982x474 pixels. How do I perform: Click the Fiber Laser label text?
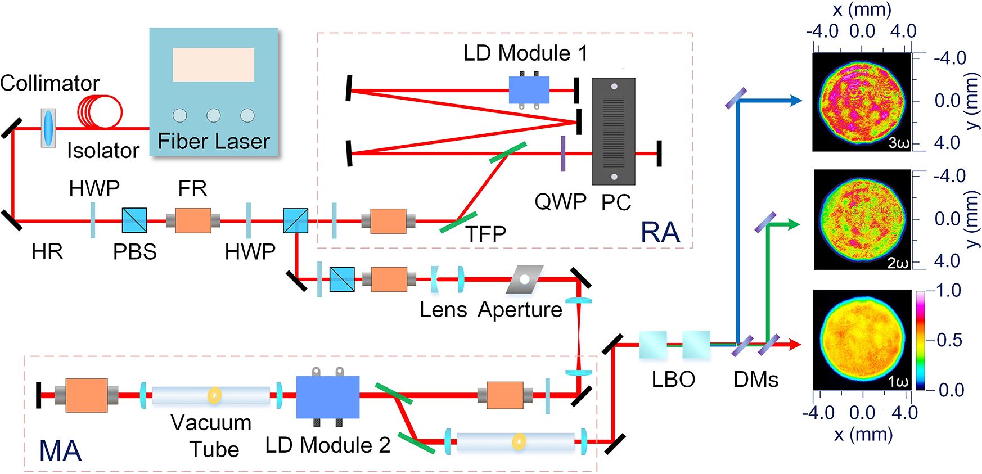tap(214, 141)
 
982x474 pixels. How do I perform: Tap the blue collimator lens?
tap(48, 128)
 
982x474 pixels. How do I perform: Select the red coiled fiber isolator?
tap(100, 111)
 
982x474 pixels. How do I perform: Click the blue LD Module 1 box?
tap(529, 90)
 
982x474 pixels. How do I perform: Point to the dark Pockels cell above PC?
tap(614, 132)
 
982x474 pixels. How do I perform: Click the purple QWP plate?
tap(562, 153)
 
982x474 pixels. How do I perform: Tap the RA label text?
tap(660, 232)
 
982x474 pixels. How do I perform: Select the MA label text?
tap(60, 450)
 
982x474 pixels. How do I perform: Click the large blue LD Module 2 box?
tap(328, 397)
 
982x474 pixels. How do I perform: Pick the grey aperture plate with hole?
tap(525, 279)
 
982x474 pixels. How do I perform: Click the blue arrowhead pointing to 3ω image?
tap(796, 101)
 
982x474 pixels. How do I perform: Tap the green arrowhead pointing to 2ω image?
tap(794, 224)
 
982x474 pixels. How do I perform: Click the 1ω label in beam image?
tap(898, 382)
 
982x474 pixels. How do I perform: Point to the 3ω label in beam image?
tap(899, 143)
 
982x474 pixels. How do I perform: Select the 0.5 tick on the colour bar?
tap(949, 340)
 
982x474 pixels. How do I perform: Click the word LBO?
tap(673, 380)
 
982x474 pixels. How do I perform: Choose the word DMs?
tap(756, 380)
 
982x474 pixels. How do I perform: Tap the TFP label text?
tap(485, 234)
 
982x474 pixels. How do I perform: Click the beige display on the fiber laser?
tap(213, 65)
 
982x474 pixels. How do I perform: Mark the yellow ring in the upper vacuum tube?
tap(214, 395)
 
